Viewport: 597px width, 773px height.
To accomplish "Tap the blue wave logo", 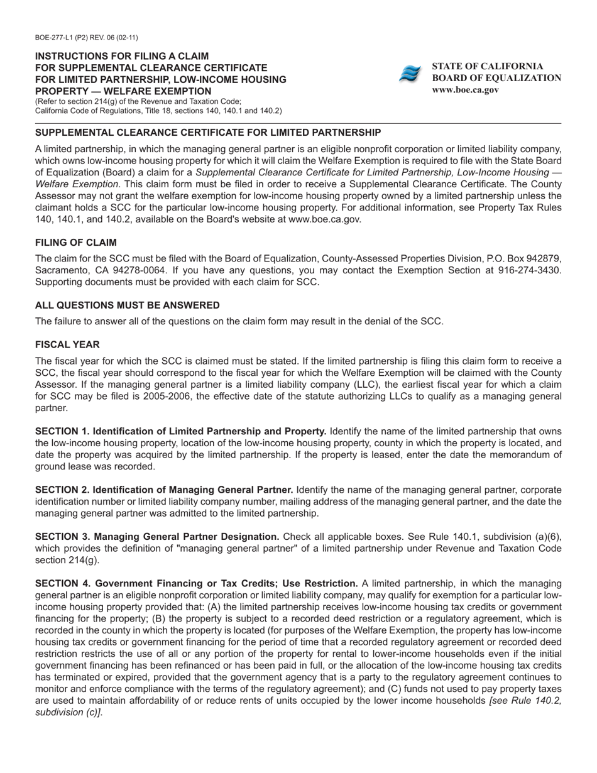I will (410, 74).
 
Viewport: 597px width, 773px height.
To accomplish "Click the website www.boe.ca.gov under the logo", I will (465, 90).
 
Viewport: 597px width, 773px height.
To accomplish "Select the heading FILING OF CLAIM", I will (75, 243).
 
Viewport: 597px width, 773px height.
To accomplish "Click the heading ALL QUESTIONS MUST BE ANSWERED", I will (127, 305).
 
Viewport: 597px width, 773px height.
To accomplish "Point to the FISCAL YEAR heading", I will (67, 345).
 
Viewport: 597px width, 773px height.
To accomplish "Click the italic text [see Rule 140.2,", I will (525, 701).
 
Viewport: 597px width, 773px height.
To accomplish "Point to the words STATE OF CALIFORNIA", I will (488, 66).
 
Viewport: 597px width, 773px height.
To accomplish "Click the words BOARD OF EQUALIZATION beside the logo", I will (496, 78).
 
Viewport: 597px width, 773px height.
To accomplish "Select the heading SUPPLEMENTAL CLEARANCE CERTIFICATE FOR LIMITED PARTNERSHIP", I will (207, 133).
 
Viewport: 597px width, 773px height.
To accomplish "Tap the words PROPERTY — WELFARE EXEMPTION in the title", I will (123, 91).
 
